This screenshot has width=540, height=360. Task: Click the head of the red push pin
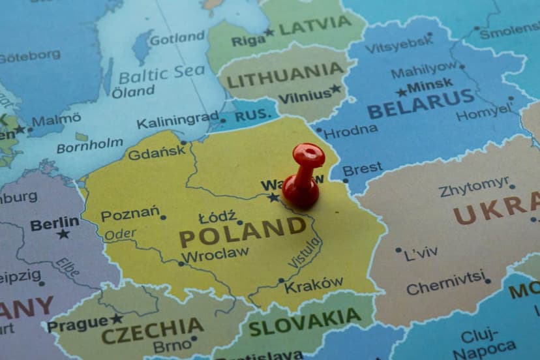(x=308, y=155)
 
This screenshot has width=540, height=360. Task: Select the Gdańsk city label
(x=157, y=154)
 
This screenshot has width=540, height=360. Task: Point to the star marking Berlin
(x=63, y=233)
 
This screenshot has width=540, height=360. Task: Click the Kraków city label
(x=314, y=285)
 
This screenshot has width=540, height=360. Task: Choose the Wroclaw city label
(x=215, y=254)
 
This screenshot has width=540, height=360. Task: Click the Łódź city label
(x=217, y=217)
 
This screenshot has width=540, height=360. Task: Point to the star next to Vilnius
(x=336, y=89)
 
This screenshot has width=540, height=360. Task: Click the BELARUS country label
(x=421, y=104)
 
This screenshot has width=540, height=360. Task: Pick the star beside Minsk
(x=401, y=92)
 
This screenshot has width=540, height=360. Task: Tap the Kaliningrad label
(x=177, y=120)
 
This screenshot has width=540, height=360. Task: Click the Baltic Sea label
(x=161, y=73)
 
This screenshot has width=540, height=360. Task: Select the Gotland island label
(x=177, y=38)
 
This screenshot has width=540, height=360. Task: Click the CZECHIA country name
(x=152, y=331)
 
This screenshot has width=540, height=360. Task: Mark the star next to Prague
(x=116, y=319)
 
